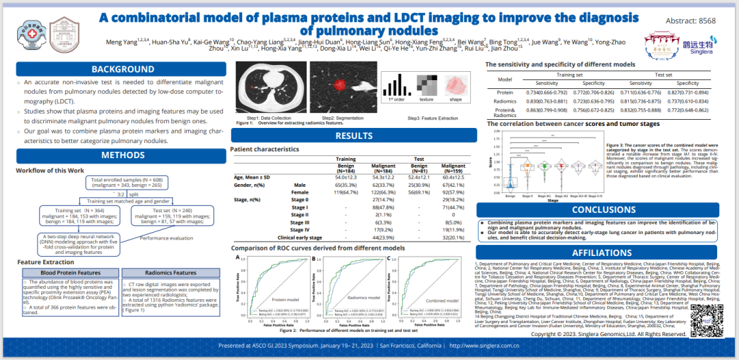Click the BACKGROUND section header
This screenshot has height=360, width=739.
[123, 69]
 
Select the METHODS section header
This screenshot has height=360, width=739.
[123, 155]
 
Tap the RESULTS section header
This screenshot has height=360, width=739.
[354, 136]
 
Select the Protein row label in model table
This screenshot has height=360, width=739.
[505, 92]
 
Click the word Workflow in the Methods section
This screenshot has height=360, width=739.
[31, 170]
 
